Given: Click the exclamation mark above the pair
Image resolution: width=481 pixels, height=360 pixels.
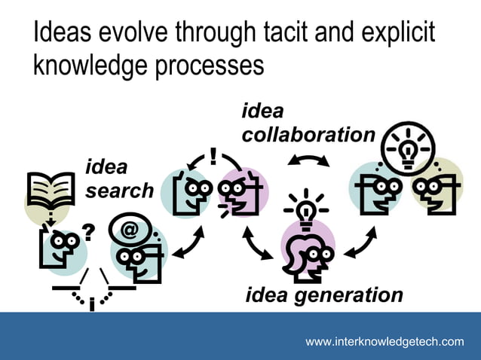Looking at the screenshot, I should point(214,157).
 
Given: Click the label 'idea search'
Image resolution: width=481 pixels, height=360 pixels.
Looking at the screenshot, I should point(118,178).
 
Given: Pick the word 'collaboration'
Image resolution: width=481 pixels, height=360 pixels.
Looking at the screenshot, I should point(308,135).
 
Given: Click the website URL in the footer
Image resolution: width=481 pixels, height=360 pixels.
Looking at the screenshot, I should point(384,342).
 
